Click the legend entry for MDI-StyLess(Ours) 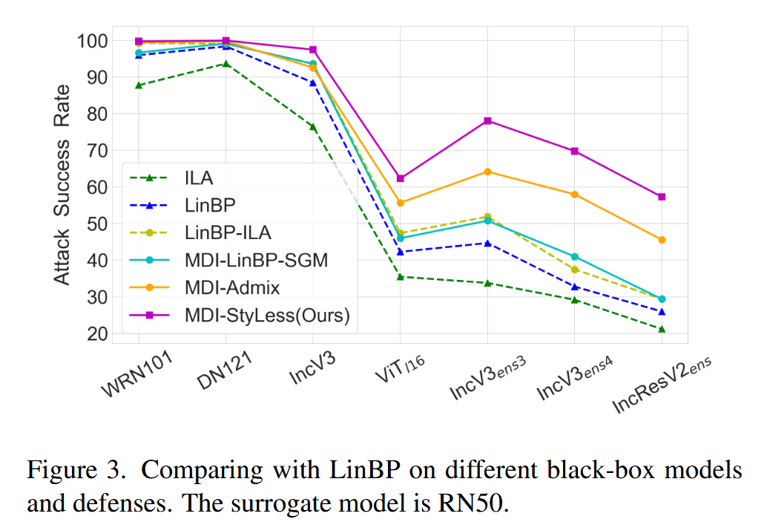coord(268,316)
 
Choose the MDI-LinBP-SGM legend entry coord(257,261)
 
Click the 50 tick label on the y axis coord(98,224)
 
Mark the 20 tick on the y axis coord(98,334)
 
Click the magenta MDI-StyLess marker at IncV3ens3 coord(487,121)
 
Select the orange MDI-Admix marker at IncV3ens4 coord(574,195)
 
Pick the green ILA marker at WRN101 coord(139,85)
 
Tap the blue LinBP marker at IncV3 coord(313,82)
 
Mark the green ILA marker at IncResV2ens coord(662,329)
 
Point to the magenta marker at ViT coord(401,178)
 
